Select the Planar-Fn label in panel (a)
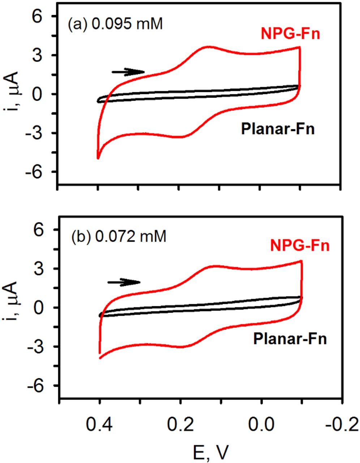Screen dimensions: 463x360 pyautogui.click(x=278, y=129)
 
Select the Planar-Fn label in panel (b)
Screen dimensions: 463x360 pyautogui.click(x=290, y=339)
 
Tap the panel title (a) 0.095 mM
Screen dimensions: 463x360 pyautogui.click(x=115, y=25)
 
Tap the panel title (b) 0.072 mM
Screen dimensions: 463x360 pyautogui.click(x=119, y=237)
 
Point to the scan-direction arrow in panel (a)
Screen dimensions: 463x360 pyautogui.click(x=128, y=72)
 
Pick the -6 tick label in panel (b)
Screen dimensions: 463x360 pyautogui.click(x=36, y=386)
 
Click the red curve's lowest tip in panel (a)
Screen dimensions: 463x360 pyautogui.click(x=98, y=158)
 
